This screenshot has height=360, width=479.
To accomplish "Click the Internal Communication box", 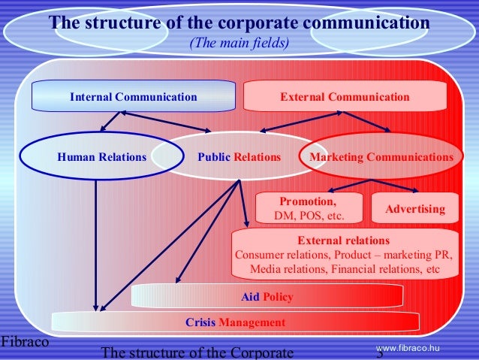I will pos(133,97).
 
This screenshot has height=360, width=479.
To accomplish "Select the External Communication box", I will pos(345,97).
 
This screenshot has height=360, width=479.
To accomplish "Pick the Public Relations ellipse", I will pos(239,158).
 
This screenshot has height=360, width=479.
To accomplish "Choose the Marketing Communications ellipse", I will pos(381,158).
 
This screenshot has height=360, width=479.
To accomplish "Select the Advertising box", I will pos(415,209).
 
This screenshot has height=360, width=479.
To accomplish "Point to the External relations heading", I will pos(344,241).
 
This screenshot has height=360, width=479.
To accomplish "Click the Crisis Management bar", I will pos(235,322).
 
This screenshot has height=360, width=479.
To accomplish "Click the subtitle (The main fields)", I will pos(239,43).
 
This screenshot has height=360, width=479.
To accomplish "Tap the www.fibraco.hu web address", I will pos(407,346).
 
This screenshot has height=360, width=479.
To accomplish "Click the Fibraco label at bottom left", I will pos(24,342).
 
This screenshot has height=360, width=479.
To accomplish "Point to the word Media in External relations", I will pos(267,268).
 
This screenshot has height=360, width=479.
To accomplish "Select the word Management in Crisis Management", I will pos(252,322).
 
